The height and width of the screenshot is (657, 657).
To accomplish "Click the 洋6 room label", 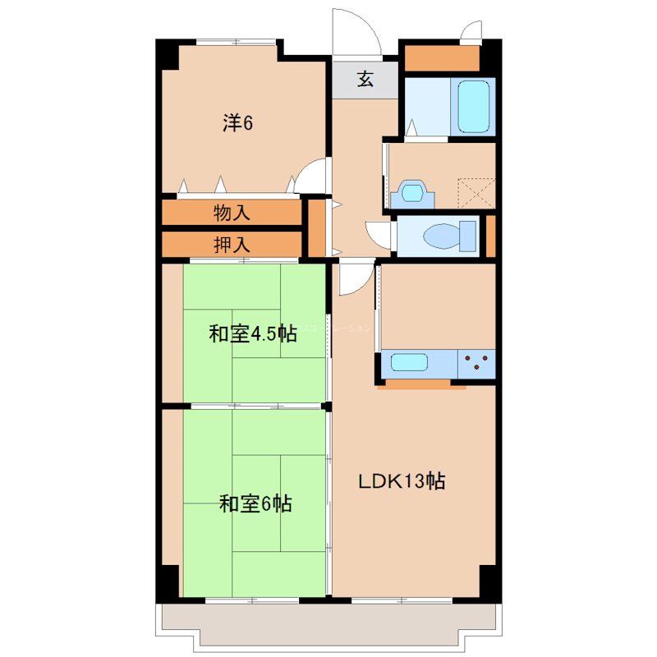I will click(x=237, y=123).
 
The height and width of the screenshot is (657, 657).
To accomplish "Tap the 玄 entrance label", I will click(x=365, y=80).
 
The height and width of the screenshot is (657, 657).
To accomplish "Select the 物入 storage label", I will click(x=232, y=214).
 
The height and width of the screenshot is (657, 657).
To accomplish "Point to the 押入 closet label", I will click(x=232, y=244).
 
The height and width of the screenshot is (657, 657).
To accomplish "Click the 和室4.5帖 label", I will click(x=252, y=334).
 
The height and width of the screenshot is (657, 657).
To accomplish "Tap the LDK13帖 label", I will click(x=401, y=482).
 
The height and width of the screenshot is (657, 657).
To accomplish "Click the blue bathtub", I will click(x=473, y=106).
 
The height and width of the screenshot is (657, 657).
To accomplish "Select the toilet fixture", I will click(x=444, y=237).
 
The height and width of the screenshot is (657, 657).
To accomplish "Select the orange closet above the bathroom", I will click(x=442, y=58).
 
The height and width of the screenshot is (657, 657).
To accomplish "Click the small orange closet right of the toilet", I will click(x=490, y=237).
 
